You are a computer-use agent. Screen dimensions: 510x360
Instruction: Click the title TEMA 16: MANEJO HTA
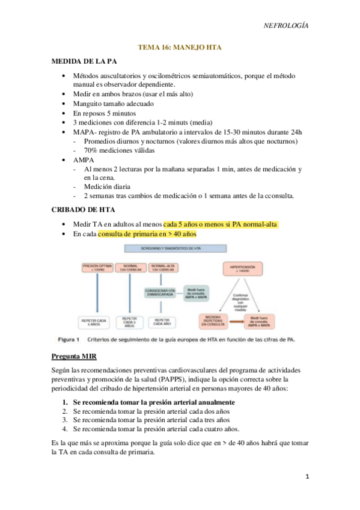coord(180,46)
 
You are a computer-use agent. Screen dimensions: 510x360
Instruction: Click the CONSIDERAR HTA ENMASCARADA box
coord(161,292)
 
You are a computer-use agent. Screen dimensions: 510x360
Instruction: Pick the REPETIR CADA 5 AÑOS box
coord(98,321)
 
